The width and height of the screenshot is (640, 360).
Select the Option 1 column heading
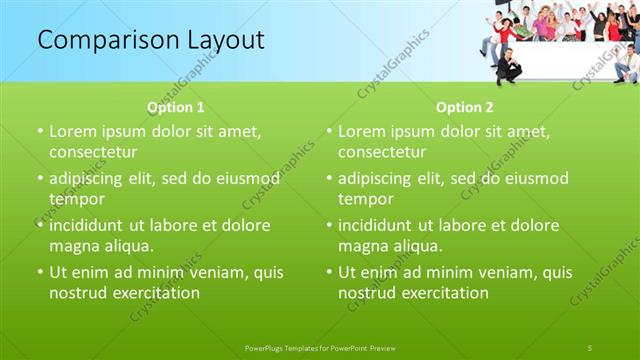click(x=176, y=108)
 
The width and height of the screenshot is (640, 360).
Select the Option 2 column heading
click(x=465, y=108)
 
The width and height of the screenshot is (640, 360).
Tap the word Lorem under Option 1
click(x=72, y=131)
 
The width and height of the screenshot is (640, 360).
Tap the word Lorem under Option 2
click(x=361, y=131)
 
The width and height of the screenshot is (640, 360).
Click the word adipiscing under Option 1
click(x=92, y=178)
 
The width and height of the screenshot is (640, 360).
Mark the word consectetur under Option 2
click(x=382, y=152)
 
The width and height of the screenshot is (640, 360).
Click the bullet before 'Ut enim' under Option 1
click(x=40, y=272)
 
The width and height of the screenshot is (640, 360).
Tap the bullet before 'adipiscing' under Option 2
click(x=329, y=178)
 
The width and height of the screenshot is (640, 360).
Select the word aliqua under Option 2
click(x=413, y=246)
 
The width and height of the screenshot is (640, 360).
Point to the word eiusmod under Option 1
click(x=247, y=178)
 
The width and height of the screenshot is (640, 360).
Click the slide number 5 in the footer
click(x=590, y=347)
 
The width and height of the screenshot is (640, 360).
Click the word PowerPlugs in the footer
click(x=266, y=347)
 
